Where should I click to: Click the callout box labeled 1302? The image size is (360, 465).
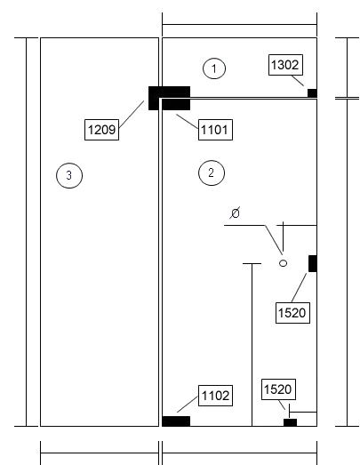click(285, 65)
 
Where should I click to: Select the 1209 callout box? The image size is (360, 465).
click(101, 130)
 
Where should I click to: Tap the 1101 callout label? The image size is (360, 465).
click(215, 130)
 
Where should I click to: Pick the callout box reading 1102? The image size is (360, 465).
click(215, 396)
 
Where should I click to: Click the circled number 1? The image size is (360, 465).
click(214, 68)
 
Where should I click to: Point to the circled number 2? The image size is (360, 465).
click(212, 172)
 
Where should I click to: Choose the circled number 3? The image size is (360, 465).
click(69, 175)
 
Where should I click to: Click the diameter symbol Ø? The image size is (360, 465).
click(235, 212)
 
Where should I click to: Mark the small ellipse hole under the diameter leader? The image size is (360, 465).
click(284, 263)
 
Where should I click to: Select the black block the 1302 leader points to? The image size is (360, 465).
click(312, 92)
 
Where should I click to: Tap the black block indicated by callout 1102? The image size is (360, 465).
click(176, 421)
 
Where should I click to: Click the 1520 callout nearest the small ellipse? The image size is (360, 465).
click(293, 313)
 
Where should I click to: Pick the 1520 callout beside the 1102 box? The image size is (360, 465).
click(279, 389)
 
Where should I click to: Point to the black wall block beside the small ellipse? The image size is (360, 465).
click(313, 263)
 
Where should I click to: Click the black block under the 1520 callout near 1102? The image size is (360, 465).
click(290, 422)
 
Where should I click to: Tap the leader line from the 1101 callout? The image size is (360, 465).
click(188, 121)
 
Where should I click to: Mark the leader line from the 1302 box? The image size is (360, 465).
click(298, 81)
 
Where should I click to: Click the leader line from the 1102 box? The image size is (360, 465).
click(188, 404)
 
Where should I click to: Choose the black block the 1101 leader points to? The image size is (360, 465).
click(176, 105)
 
